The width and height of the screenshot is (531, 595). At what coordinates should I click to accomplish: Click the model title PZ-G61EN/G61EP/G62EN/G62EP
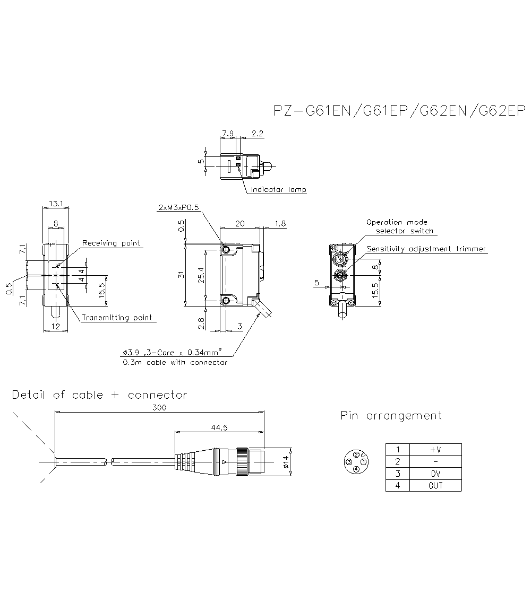(x=399, y=111)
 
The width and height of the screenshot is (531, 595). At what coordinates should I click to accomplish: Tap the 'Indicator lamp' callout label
(x=278, y=190)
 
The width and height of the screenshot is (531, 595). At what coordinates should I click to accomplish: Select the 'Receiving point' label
(x=112, y=243)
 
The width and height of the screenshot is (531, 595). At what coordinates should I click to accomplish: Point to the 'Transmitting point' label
(x=116, y=318)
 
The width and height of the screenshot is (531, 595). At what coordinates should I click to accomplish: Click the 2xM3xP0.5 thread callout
(x=178, y=207)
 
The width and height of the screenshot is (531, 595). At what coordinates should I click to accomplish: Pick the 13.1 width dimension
(x=55, y=203)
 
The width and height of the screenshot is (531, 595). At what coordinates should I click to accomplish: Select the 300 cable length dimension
(x=159, y=407)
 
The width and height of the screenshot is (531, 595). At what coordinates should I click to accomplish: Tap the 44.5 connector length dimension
(x=218, y=427)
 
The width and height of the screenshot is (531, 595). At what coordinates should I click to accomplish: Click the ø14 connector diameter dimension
(x=285, y=462)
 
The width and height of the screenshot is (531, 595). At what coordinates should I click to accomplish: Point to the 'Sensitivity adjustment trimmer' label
(x=426, y=249)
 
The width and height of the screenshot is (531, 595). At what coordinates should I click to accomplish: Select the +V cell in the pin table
(x=435, y=450)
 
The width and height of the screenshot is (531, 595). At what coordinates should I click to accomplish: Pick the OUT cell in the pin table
(x=435, y=485)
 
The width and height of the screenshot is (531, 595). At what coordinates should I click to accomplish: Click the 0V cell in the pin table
(x=435, y=474)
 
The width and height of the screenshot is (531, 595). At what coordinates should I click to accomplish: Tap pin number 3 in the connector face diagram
(x=349, y=462)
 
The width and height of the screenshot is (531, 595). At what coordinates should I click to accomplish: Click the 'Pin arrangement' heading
(x=391, y=416)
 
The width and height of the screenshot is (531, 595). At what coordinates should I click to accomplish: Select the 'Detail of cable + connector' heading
(x=99, y=395)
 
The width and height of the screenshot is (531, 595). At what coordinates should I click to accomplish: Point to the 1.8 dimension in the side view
(x=280, y=224)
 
